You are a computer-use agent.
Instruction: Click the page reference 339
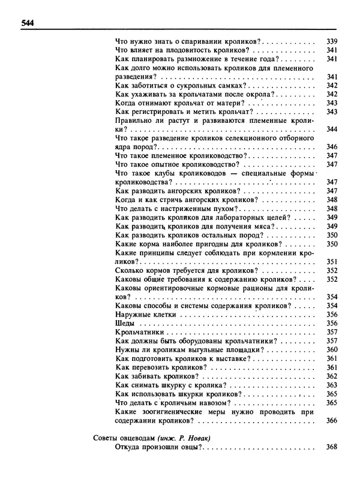(x=332, y=41)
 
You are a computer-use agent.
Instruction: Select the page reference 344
(x=332, y=129)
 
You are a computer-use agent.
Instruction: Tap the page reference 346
(x=332, y=146)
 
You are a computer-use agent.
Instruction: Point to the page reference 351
(x=332, y=261)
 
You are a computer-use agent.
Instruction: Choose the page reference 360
(x=332, y=350)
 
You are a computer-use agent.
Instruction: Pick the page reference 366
(x=332, y=420)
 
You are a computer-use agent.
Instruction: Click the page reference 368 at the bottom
(x=332, y=447)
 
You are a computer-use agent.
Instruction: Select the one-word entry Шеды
(x=124, y=323)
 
